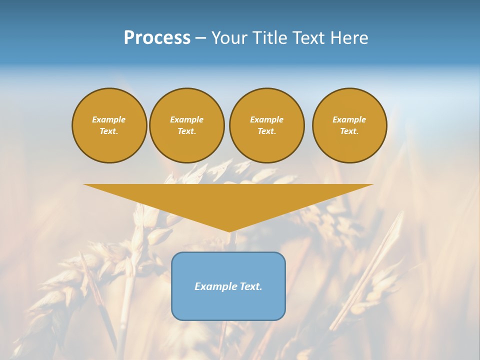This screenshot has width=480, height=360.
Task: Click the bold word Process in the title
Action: pos(157,38)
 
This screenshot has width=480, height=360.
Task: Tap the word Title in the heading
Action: pos(269,38)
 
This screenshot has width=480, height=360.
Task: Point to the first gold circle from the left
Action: pos(109,125)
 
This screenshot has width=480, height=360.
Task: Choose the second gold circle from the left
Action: pos(186,125)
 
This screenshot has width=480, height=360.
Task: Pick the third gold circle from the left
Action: pos(266,125)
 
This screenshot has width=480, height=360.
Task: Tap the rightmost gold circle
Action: pos(349,125)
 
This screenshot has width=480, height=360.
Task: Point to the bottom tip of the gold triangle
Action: pos(229,231)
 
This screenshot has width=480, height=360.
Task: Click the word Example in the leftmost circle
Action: pos(109,119)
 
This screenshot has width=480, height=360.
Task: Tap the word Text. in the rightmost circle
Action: pos(349,131)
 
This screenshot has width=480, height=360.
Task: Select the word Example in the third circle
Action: pos(266,119)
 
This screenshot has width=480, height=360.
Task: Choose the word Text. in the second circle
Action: pos(186,131)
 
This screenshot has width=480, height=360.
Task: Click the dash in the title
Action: pos(201,38)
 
